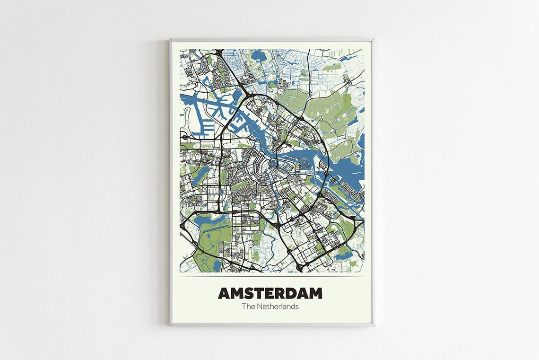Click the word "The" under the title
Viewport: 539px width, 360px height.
248,307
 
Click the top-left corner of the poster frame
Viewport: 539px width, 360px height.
171,40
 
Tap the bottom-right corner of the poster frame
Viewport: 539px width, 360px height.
374,325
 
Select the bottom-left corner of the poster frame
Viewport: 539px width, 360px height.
171,325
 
